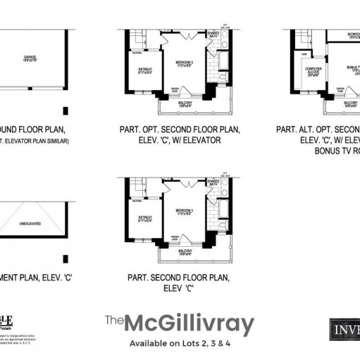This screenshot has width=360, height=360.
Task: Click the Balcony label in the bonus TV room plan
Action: (x=351, y=103)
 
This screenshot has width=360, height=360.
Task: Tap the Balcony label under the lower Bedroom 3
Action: (x=185, y=252)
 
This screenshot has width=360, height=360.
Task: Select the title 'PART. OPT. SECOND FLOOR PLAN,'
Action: (x=180, y=130)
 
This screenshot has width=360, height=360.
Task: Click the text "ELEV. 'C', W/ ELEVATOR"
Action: (x=180, y=140)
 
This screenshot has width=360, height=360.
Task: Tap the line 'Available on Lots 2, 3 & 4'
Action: (x=179, y=344)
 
